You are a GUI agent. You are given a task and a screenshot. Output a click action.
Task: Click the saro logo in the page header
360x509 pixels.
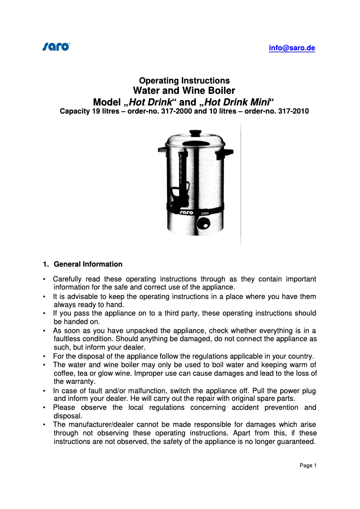point(56,46)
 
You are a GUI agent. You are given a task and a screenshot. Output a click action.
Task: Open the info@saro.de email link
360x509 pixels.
point(292,48)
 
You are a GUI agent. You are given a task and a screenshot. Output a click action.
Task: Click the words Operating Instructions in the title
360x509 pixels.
point(184,81)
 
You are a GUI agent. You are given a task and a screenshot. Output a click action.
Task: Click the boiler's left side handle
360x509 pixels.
point(162,149)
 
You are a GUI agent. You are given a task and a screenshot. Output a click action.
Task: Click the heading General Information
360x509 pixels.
point(88,264)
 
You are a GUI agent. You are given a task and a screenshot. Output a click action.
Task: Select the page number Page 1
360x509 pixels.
point(308,465)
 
